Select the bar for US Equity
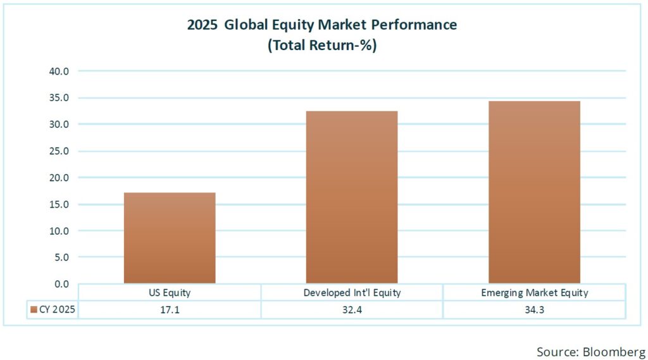point(170,238)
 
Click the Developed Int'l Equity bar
point(352,197)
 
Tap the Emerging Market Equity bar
point(534,192)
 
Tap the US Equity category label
point(170,293)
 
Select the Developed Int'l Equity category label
point(352,293)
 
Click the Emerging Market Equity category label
point(534,293)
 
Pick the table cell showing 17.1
point(170,310)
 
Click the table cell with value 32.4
point(352,310)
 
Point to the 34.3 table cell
point(534,310)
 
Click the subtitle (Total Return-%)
point(322,46)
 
